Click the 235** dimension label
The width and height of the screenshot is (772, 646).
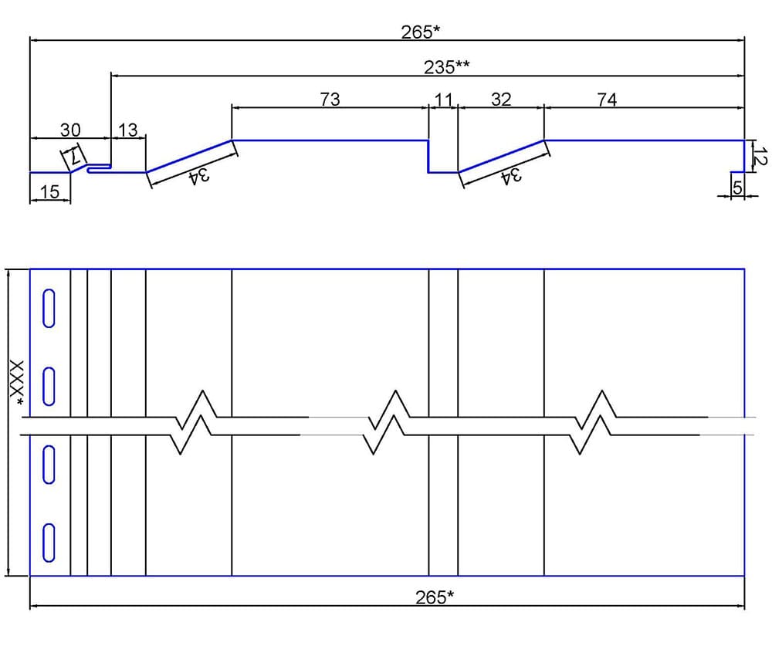click(446, 67)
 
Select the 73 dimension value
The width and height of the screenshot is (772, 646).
click(330, 100)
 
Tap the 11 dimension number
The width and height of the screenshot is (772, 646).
click(443, 100)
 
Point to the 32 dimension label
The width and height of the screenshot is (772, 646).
click(501, 100)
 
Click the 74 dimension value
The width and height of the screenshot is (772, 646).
click(607, 100)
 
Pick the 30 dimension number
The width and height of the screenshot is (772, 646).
click(70, 130)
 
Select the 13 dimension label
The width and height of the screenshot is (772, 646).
click(128, 130)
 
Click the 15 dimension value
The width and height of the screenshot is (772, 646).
click(49, 191)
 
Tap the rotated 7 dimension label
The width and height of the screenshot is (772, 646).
click(74, 157)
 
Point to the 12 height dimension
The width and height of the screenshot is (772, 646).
click(760, 156)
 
